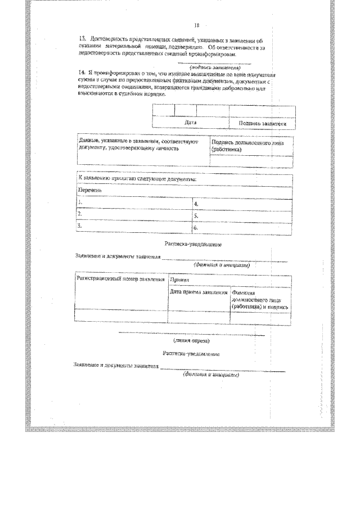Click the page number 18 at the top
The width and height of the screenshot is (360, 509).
pyautogui.click(x=197, y=25)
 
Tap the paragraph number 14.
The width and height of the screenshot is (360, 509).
pyautogui.click(x=83, y=73)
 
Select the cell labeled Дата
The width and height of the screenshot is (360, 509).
pyautogui.click(x=190, y=122)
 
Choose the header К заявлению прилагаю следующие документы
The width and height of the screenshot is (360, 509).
pyautogui.click(x=137, y=178)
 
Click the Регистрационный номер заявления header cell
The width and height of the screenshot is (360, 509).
pyautogui.click(x=120, y=279)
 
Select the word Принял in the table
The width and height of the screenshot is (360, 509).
pyautogui.click(x=179, y=280)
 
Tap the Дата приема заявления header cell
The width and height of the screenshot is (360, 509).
pyautogui.click(x=199, y=292)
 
